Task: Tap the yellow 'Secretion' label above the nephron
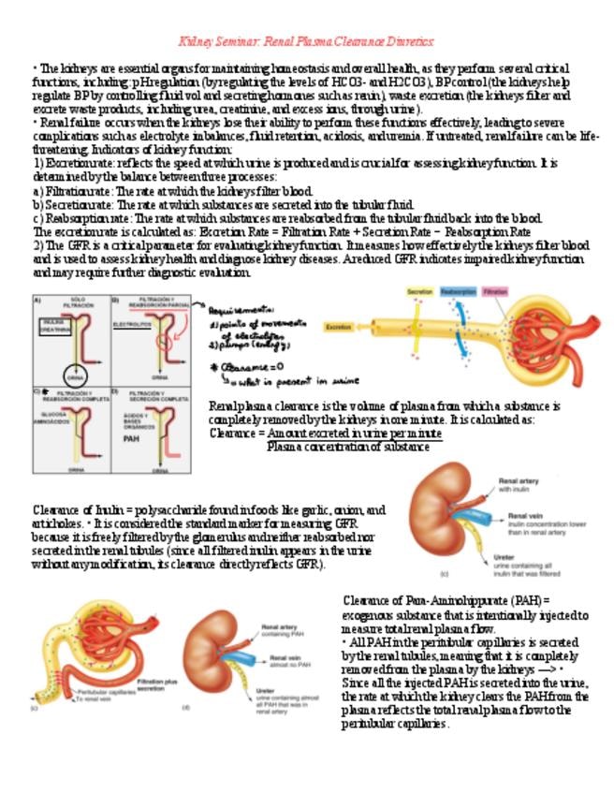419,292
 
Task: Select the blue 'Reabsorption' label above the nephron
460,292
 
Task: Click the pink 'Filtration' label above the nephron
495,292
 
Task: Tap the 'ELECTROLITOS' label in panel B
132,324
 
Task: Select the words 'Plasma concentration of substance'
347,447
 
